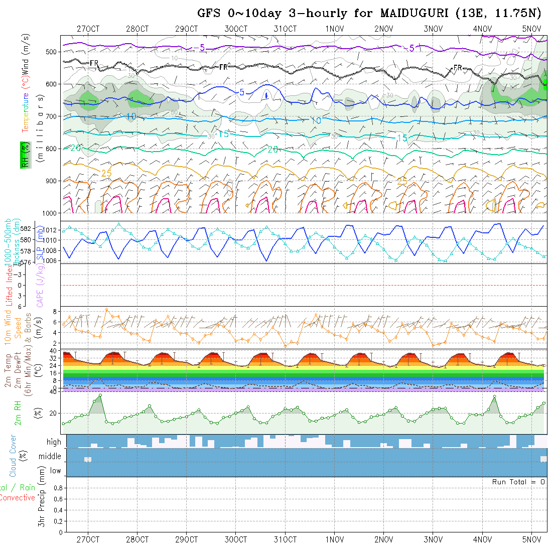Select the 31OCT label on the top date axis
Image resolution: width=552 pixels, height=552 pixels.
285,29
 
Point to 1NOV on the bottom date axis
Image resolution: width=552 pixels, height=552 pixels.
334,539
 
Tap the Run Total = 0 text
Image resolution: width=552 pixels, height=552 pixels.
518,482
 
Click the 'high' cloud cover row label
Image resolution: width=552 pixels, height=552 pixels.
54,442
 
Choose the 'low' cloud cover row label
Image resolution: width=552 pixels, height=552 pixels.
55,471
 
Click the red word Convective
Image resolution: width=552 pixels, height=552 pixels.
17,498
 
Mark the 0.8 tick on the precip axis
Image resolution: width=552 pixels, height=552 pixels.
57,488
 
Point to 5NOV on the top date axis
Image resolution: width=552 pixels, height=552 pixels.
531,29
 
